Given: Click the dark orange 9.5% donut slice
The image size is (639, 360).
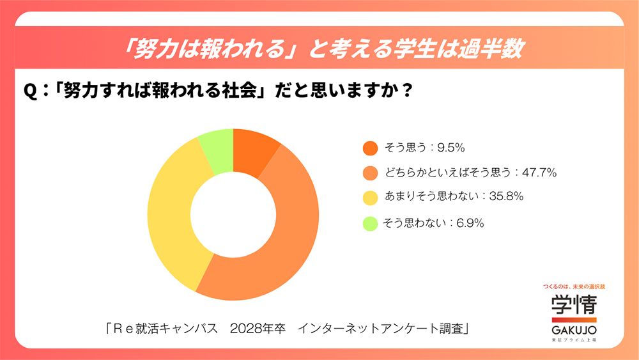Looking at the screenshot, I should tap(254, 152).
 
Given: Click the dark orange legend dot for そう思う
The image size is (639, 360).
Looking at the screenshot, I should tap(370, 148).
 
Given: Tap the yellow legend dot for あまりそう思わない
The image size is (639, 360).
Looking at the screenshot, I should tap(370, 198).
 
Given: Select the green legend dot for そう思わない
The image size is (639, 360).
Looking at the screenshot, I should tap(370, 224).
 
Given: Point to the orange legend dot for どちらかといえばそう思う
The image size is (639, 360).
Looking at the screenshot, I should tap(370, 173).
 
